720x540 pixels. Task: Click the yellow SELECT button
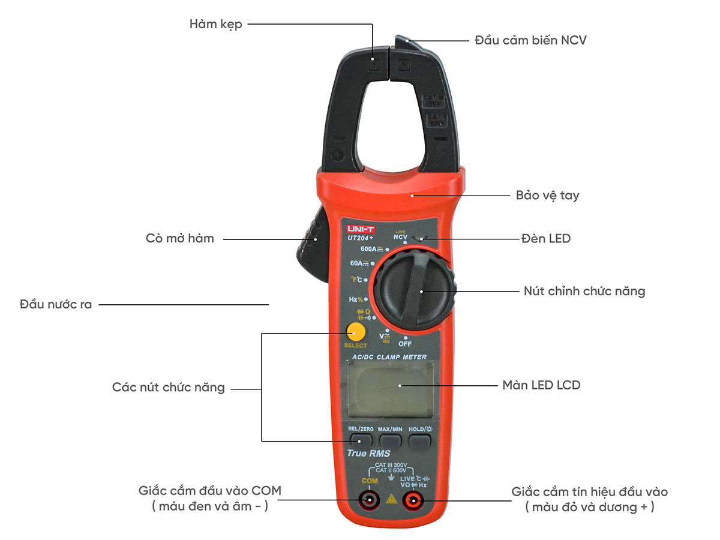(x=355, y=332)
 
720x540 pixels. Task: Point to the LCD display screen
(x=390, y=389)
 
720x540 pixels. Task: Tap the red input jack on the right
(x=412, y=500)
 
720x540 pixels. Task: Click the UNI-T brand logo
(x=359, y=228)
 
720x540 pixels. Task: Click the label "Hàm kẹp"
(x=215, y=25)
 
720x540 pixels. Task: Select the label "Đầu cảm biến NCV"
(x=530, y=41)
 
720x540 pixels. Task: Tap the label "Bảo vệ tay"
(x=547, y=196)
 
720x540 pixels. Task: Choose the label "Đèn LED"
(x=545, y=239)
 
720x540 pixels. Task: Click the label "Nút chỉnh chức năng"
(x=584, y=292)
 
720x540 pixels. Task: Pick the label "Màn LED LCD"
(x=541, y=385)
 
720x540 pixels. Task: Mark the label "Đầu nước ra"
(x=56, y=304)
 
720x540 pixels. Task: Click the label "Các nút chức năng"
(x=168, y=388)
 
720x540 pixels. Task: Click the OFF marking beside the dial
(x=405, y=344)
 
